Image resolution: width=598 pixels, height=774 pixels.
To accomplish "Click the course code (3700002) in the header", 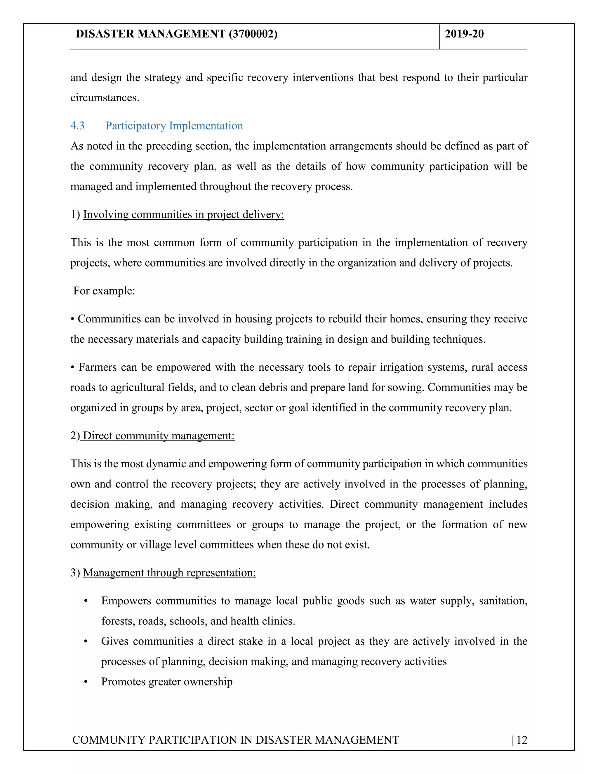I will point(253,34).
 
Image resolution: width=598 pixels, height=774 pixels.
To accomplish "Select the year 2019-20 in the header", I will point(464,34).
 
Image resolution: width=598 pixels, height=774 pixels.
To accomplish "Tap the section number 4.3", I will point(77,126).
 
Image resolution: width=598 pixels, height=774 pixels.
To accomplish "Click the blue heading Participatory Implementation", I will point(174,126).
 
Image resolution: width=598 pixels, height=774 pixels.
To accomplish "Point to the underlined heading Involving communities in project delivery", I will point(183,215).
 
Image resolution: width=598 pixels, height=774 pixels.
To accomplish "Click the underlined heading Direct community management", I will point(158,436).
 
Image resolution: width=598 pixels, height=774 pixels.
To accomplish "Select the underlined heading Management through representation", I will point(169,573).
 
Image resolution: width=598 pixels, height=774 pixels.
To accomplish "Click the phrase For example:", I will point(104,291).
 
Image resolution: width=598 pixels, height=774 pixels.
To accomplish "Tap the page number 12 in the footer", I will point(522,740).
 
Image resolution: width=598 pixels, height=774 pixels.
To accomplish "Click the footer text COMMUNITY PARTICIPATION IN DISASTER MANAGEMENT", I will point(236,740).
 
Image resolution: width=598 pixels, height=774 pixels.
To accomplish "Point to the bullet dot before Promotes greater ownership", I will point(85,682).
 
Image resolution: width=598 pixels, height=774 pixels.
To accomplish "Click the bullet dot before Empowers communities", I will point(85,601).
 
